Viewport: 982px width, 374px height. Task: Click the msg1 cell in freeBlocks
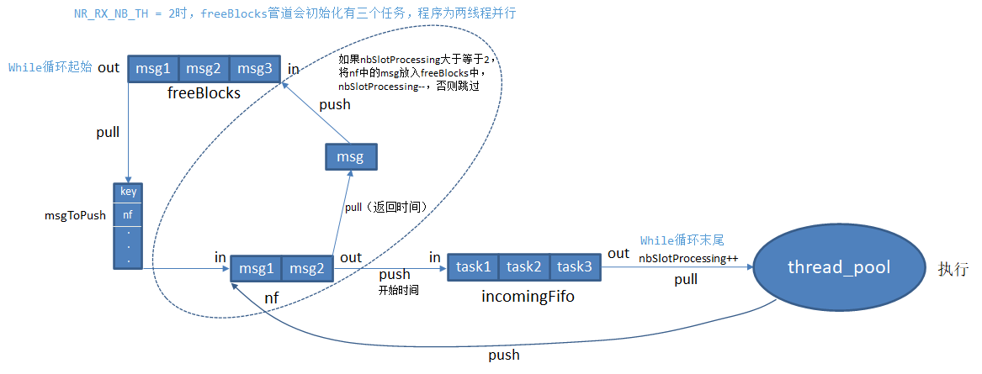click(x=152, y=69)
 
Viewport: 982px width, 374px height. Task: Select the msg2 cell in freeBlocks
click(x=203, y=69)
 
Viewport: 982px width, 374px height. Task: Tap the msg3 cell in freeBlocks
click(x=254, y=69)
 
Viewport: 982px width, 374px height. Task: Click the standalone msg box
click(x=350, y=157)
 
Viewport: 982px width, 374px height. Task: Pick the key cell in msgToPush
click(x=128, y=192)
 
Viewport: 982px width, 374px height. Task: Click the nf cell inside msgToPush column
click(x=128, y=215)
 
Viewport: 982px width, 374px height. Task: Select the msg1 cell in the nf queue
click(x=257, y=268)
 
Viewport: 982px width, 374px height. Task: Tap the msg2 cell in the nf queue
click(x=306, y=268)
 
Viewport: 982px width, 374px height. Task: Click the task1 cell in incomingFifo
click(x=473, y=266)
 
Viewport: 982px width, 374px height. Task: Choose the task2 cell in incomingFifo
click(x=524, y=266)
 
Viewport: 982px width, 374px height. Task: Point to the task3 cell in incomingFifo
click(x=576, y=266)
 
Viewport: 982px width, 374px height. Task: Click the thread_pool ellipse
click(x=837, y=267)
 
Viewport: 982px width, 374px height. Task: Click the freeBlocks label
click(x=204, y=93)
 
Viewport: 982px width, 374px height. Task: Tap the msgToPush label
click(x=75, y=215)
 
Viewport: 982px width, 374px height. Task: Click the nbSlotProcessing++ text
click(x=688, y=258)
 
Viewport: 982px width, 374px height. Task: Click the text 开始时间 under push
click(x=399, y=289)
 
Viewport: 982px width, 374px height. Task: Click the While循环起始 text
click(x=50, y=67)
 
